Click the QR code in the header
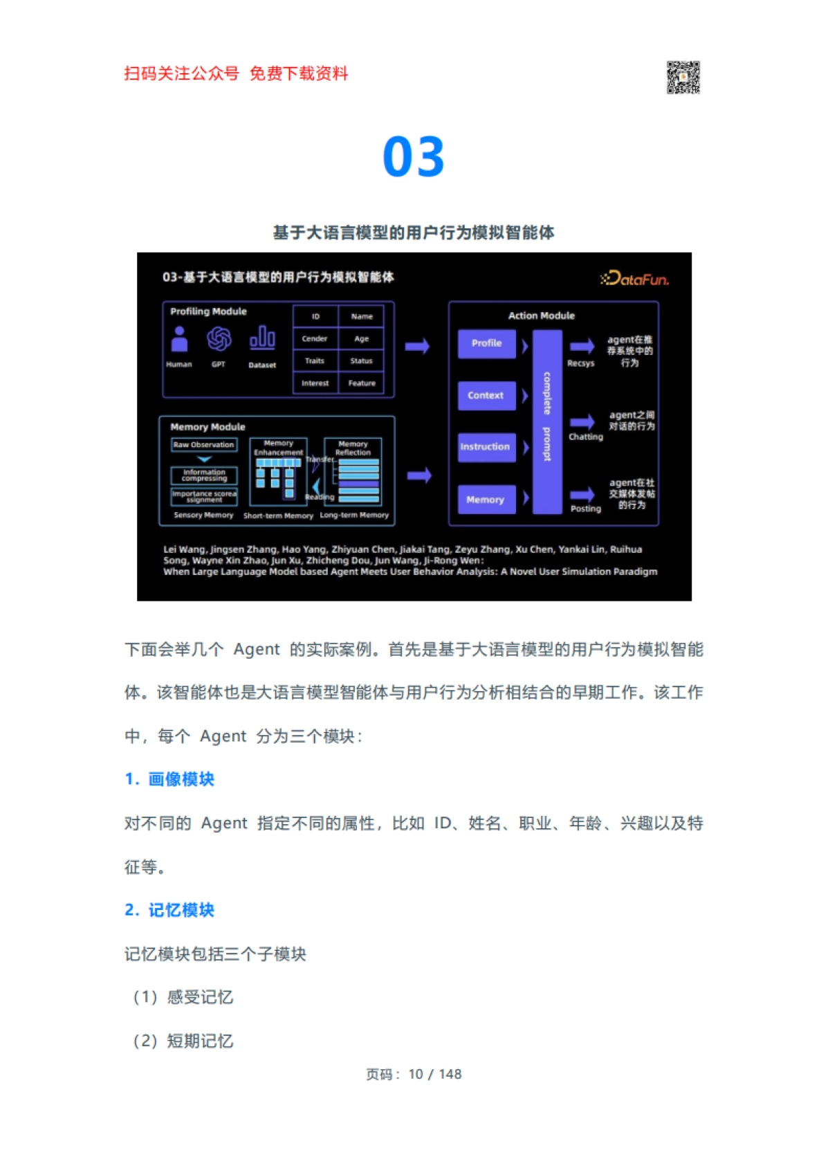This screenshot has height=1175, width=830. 683,77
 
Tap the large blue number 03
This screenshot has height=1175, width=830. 414,157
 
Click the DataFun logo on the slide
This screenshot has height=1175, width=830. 635,279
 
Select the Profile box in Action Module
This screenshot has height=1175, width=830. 487,343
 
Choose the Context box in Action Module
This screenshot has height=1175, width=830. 486,396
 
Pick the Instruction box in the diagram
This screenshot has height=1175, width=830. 486,447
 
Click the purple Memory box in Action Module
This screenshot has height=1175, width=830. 486,500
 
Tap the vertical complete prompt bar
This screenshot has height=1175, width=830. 547,421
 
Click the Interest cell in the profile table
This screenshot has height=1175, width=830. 315,383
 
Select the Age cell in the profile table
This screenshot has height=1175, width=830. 362,339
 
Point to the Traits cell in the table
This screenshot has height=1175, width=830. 315,361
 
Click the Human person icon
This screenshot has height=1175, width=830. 180,339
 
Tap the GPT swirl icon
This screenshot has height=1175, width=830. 219,339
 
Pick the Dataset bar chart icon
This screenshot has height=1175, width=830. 262,338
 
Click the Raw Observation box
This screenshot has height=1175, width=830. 204,445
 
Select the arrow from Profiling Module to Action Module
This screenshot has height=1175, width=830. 417,346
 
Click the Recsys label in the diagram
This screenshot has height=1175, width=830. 581,363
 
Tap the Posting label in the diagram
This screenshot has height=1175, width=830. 586,509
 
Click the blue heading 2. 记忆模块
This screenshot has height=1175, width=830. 169,910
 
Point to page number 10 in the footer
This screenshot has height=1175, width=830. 416,1074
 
